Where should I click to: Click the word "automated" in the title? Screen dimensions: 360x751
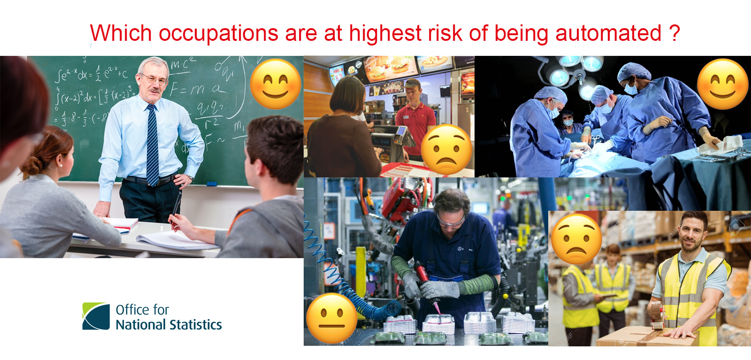coord(608,34)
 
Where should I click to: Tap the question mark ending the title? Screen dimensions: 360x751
coord(674,34)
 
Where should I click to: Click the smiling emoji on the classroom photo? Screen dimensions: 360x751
coord(276,84)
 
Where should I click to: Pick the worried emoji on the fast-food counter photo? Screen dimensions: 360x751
coord(446,149)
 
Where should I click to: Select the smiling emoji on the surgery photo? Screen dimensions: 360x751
coord(722,84)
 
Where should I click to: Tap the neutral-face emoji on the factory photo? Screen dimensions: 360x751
coord(331,318)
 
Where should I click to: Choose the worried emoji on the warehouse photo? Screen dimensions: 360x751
coord(576,239)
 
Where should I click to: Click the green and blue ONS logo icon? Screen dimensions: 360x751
coord(96,316)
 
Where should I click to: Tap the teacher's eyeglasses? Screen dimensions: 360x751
coord(155,80)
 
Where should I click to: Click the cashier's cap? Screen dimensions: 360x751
coord(412,84)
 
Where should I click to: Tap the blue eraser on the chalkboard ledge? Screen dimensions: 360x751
coord(212,184)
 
